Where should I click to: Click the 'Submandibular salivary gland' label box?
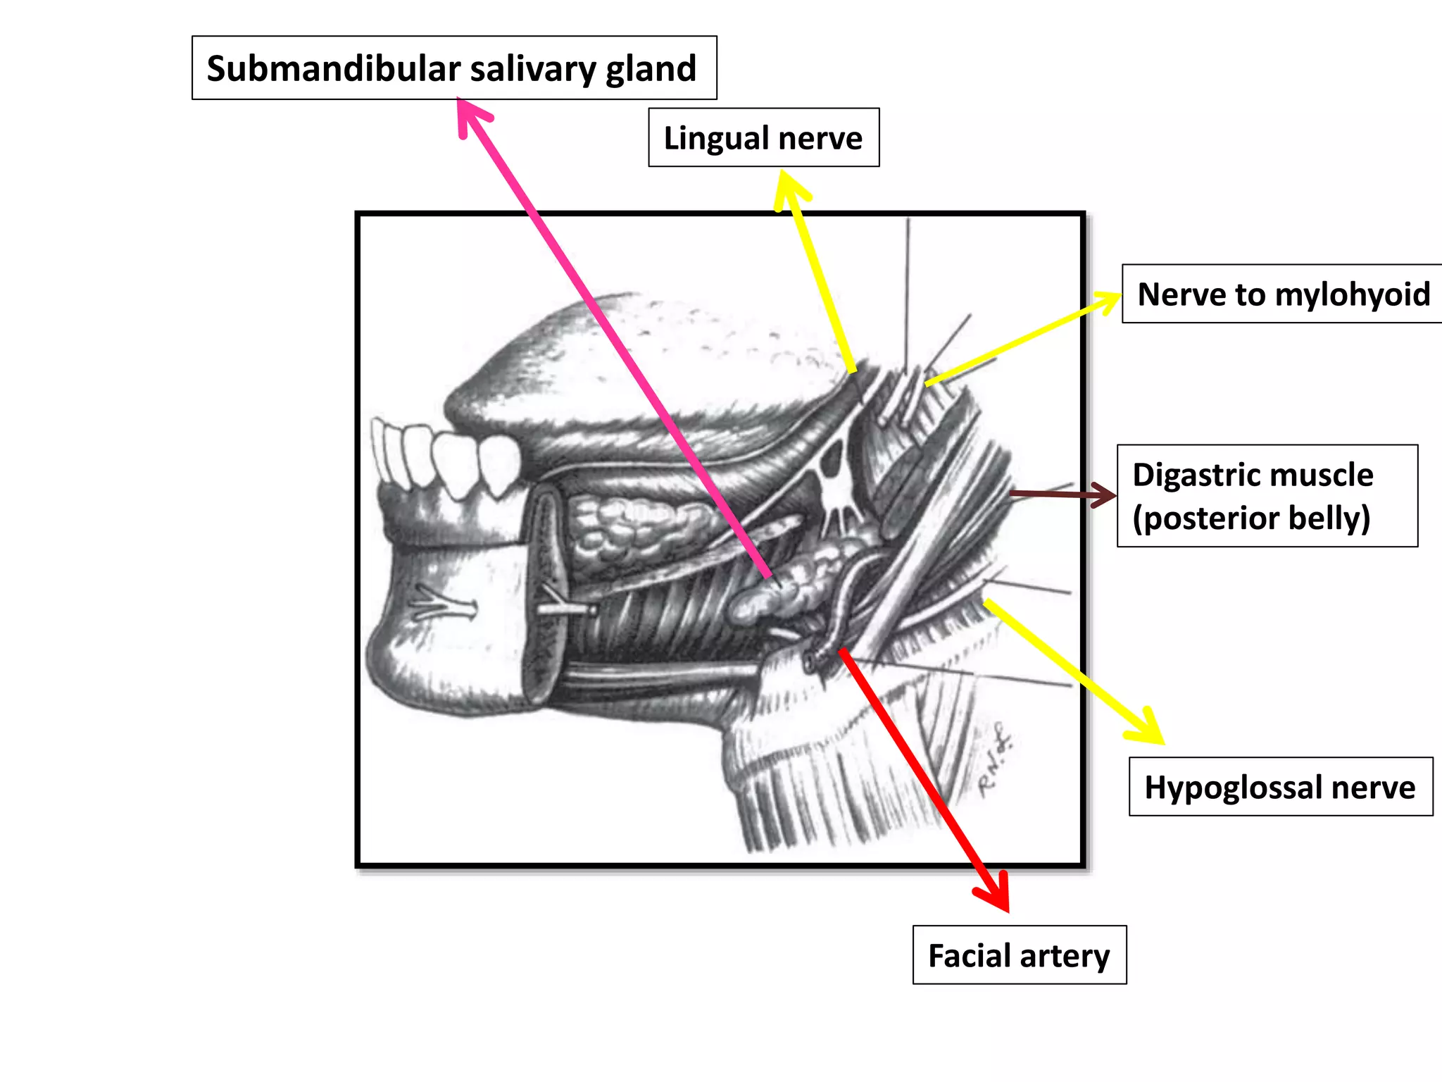(454, 68)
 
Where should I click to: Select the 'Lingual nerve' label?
(763, 137)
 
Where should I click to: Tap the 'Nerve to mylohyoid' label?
(1283, 294)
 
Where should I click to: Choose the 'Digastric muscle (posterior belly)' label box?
(1267, 496)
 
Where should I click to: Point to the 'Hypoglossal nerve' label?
(1280, 787)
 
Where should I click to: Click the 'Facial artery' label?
(1019, 955)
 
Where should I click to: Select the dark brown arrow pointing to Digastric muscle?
(1063, 495)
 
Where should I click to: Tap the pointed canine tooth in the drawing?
(499, 465)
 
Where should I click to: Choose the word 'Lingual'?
(715, 137)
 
